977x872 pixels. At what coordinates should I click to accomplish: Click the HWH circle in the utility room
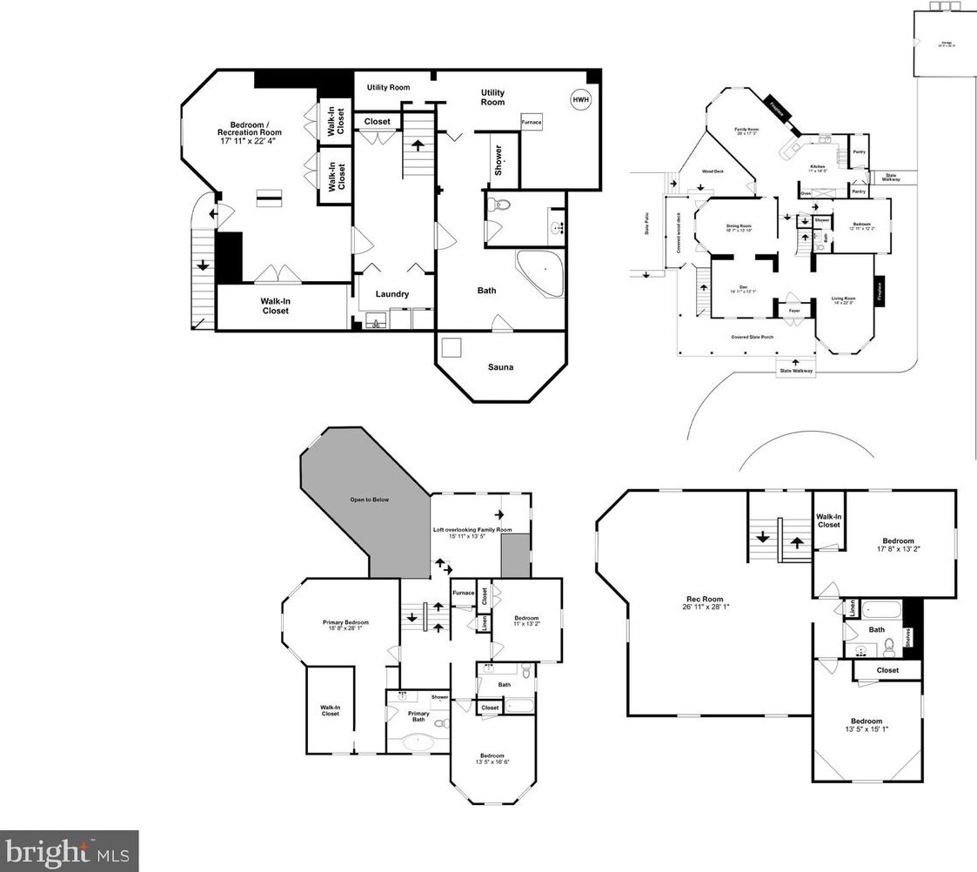tap(580, 99)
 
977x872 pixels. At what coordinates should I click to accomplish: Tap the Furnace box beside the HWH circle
tap(532, 123)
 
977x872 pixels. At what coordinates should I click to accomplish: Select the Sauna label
tap(499, 367)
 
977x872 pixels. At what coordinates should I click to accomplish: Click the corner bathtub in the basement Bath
tap(541, 271)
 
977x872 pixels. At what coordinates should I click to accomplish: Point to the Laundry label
tap(392, 294)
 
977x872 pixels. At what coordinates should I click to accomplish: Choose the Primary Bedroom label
tap(345, 622)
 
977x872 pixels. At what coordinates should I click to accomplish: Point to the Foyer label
tap(794, 311)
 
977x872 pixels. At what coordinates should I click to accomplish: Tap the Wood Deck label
tap(713, 172)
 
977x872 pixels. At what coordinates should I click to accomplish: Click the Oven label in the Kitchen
tap(806, 193)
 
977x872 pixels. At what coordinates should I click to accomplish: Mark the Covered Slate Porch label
tap(753, 337)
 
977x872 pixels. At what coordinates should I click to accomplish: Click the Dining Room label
tap(739, 226)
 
